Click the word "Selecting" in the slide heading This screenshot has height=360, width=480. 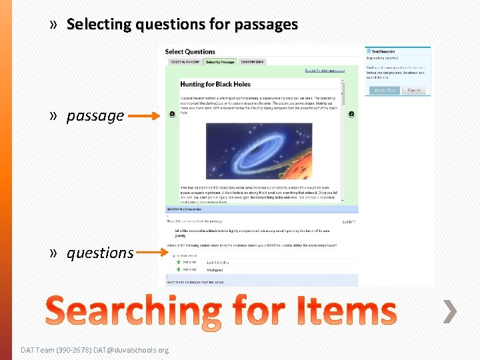[99, 25]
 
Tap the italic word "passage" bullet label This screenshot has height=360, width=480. [95, 116]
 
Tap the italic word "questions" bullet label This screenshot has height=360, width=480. [100, 253]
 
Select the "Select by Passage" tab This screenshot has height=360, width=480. [220, 62]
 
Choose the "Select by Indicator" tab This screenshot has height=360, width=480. [185, 62]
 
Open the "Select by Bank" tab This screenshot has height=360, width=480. [253, 62]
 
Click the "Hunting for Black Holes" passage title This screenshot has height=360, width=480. [214, 85]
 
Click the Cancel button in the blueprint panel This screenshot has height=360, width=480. [413, 90]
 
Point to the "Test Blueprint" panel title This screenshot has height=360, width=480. [385, 51]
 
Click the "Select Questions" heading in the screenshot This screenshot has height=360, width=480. [190, 52]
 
